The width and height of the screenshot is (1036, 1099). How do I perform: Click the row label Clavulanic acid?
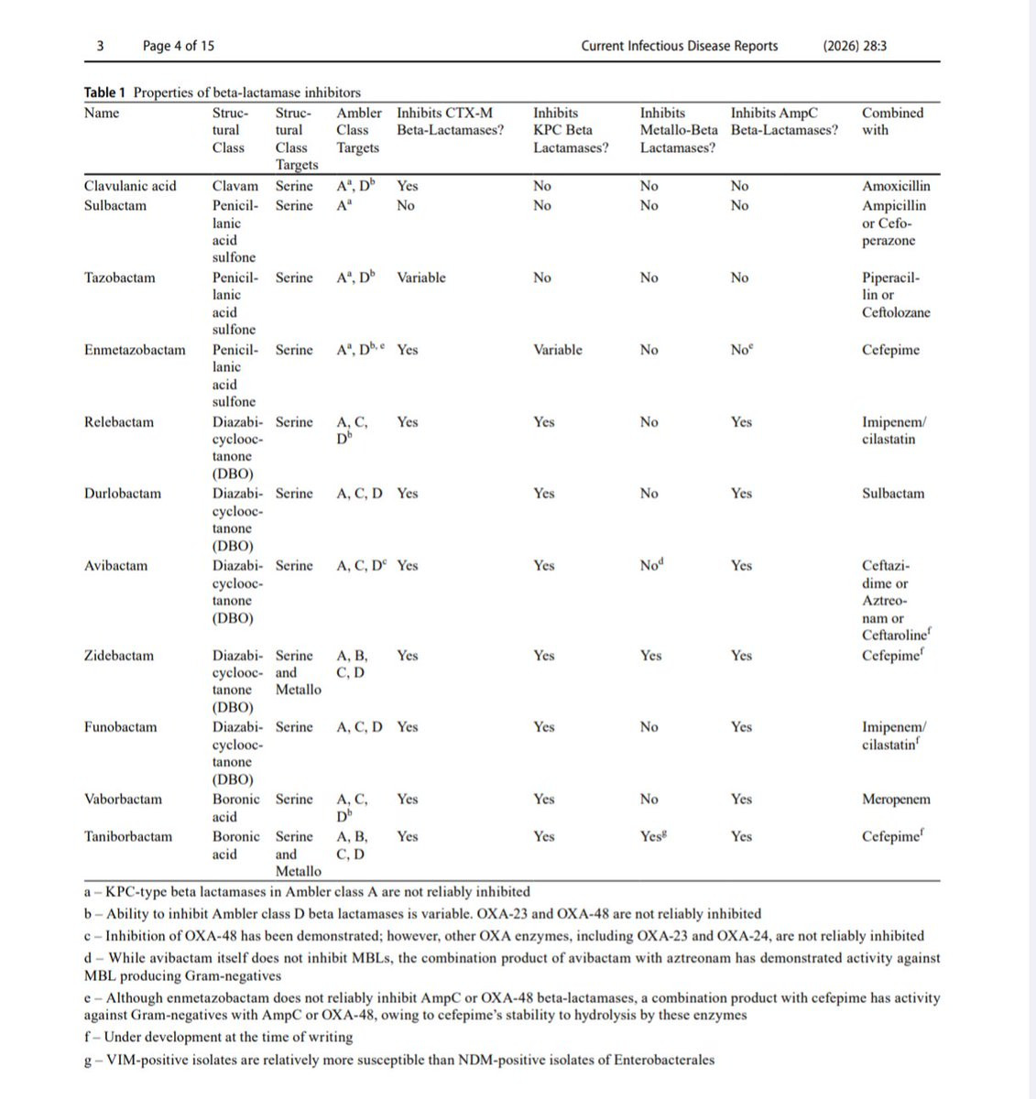point(130,186)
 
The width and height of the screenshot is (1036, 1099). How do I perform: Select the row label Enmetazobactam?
point(134,350)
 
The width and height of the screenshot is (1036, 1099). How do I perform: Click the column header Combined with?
point(892,121)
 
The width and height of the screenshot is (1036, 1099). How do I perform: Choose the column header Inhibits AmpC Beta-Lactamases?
point(784,121)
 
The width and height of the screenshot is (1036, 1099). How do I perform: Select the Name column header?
point(101,113)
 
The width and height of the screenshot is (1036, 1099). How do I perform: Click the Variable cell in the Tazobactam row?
point(420,277)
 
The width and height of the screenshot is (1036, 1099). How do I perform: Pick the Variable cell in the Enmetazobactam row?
point(557,350)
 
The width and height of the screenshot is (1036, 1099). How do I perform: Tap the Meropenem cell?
point(895,800)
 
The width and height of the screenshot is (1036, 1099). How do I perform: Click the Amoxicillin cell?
point(895,186)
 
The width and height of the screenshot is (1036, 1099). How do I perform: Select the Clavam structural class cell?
point(235,186)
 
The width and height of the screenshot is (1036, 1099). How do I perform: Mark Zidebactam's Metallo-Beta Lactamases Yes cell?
point(650,656)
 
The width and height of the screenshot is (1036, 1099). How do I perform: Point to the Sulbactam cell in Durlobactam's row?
point(892,494)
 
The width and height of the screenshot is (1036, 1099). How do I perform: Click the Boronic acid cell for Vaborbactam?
point(236,808)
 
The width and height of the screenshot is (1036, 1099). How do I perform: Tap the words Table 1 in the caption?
point(105,92)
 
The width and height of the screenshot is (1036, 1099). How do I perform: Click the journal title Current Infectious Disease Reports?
point(679,46)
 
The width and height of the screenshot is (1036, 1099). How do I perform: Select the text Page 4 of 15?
point(179,46)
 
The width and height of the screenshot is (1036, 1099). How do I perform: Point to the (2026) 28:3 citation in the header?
point(855,46)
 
